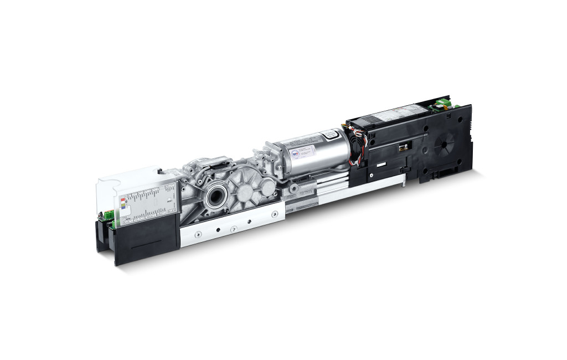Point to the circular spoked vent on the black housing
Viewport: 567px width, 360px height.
[x=445, y=144]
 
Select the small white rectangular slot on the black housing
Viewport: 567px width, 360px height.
[x=382, y=165]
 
